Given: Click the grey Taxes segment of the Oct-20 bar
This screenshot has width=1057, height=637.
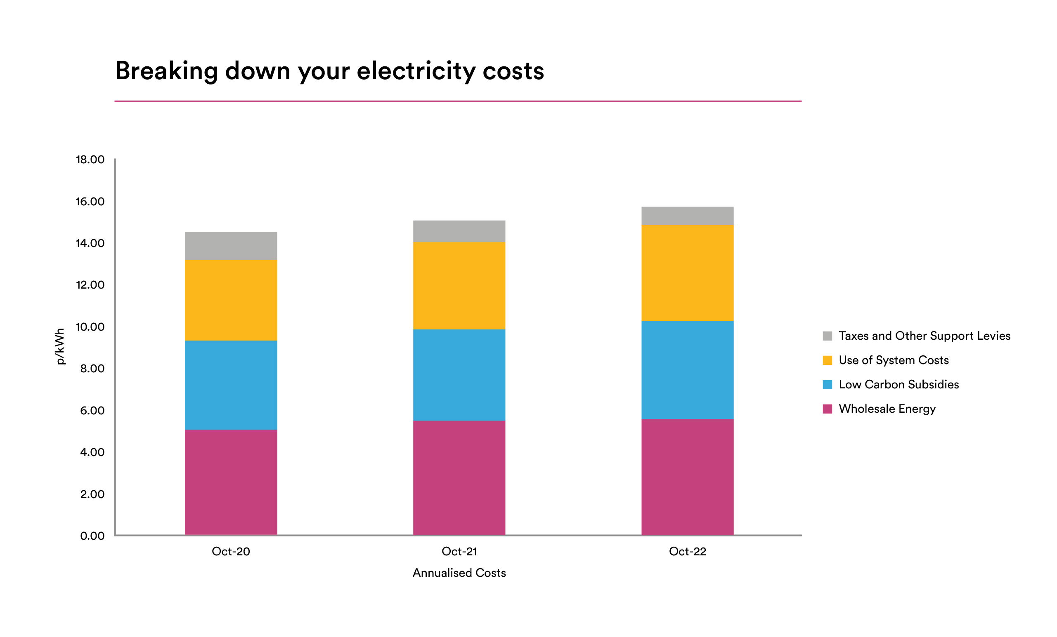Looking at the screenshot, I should tap(231, 246).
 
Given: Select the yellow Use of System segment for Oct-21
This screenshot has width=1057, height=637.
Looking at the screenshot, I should tap(459, 286).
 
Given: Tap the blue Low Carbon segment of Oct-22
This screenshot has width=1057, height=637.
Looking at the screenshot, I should tap(687, 370).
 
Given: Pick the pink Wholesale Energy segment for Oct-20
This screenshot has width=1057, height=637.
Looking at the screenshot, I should tap(231, 482).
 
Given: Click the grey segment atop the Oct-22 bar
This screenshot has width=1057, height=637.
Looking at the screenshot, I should tap(687, 216).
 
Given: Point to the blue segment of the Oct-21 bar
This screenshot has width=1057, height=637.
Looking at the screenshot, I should tap(459, 375).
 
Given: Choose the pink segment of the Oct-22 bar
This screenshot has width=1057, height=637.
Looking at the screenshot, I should tap(687, 477).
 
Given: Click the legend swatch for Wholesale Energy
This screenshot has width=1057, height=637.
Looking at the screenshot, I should tap(828, 409).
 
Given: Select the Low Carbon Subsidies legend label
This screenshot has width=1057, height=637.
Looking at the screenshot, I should tap(899, 385).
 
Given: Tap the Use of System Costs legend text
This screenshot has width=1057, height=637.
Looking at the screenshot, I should tap(894, 360).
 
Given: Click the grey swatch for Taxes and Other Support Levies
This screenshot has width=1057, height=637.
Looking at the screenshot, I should tap(828, 336).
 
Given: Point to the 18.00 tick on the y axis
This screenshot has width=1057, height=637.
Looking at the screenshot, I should tap(90, 160).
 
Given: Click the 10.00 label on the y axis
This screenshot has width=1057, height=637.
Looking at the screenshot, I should tap(90, 327).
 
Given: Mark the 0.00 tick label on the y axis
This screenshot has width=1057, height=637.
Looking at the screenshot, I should tap(92, 536).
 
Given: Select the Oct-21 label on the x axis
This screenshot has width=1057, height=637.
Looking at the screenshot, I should tap(459, 552).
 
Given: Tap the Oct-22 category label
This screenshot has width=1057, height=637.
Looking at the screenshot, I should tap(687, 552).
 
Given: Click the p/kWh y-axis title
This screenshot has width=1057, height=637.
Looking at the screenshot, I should tap(60, 346).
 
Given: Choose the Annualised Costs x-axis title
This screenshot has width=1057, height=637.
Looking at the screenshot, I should tap(459, 573).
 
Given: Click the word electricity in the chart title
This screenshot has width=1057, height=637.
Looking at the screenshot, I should tap(416, 71).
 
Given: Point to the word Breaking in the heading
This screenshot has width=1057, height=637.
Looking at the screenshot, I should tap(166, 71).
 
